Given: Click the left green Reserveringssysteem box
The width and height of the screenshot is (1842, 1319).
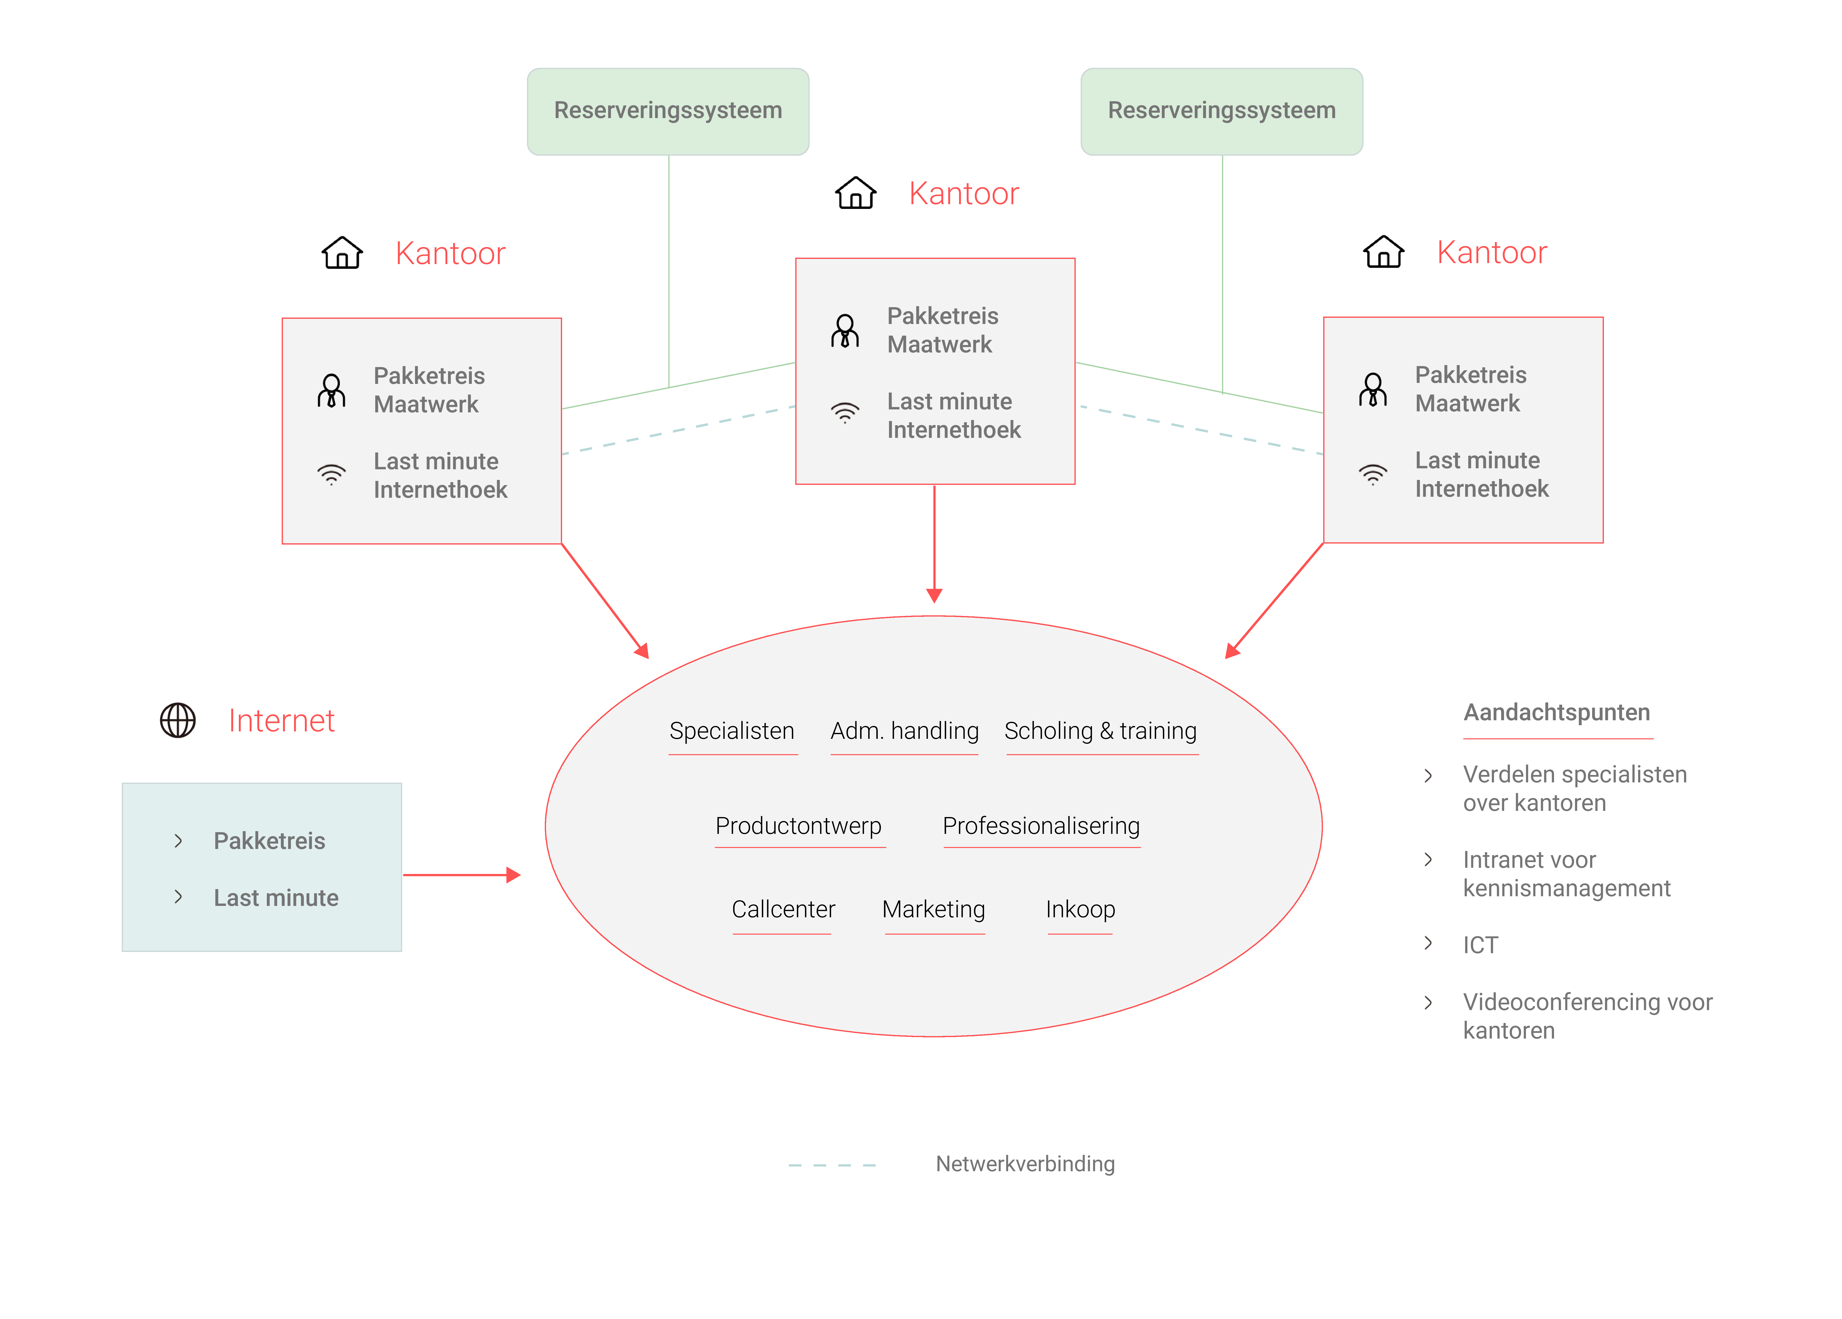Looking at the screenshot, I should click(668, 110).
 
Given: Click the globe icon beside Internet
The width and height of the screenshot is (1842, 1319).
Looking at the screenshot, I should click(178, 721).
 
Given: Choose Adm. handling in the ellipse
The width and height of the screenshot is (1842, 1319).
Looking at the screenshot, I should click(904, 731).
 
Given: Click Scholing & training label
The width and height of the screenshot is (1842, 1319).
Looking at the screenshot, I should click(1100, 731).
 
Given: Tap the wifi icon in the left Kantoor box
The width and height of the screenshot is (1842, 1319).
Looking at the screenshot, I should click(331, 474).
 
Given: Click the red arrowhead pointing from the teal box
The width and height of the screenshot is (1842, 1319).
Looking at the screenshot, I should click(513, 875).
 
